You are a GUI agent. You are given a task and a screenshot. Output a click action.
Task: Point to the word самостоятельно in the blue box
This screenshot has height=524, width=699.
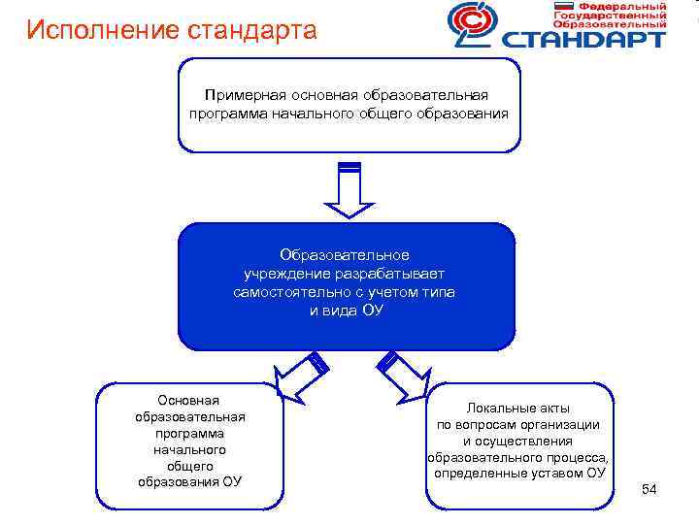(x=287, y=292)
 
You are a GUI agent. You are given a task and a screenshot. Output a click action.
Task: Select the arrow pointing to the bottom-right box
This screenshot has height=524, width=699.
(x=400, y=376)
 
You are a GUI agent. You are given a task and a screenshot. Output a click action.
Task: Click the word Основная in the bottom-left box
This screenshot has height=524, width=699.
(x=190, y=401)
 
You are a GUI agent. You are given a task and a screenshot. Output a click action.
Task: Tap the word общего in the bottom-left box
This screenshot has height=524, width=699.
(x=190, y=466)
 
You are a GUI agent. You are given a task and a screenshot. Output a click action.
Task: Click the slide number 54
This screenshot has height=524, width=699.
(x=649, y=490)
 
